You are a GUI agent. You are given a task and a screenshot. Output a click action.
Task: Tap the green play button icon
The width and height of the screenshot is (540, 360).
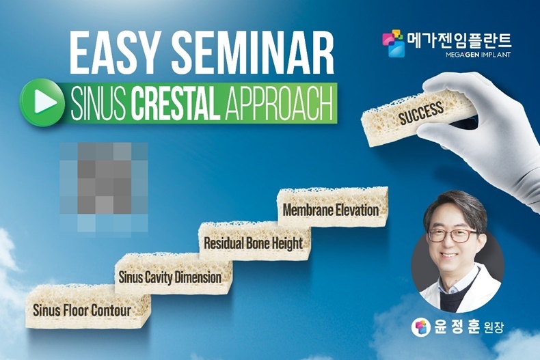pyautogui.click(x=42, y=102)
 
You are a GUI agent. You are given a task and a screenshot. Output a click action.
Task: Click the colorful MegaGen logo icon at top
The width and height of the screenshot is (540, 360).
pyautogui.click(x=393, y=43)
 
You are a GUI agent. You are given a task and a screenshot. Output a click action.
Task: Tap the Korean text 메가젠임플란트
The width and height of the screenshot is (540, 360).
pyautogui.click(x=459, y=40)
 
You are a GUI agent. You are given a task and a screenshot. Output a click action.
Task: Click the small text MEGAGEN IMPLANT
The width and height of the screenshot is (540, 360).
pyautogui.click(x=478, y=55)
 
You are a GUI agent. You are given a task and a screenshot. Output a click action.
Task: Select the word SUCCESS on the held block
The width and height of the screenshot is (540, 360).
pyautogui.click(x=421, y=112)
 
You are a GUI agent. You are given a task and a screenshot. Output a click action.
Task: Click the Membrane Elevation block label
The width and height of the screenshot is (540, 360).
pyautogui.click(x=331, y=210)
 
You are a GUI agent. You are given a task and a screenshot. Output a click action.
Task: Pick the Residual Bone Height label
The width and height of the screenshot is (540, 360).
pyautogui.click(x=253, y=243)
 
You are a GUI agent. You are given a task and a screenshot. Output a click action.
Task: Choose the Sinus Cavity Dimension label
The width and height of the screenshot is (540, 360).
pyautogui.click(x=170, y=277)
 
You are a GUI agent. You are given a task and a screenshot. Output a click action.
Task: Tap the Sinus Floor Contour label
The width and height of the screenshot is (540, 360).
pyautogui.click(x=82, y=310)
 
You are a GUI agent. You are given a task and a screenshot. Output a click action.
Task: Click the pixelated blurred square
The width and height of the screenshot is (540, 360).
pyautogui.click(x=104, y=188)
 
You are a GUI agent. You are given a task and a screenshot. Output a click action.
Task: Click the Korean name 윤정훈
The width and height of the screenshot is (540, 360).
pyautogui.click(x=457, y=327)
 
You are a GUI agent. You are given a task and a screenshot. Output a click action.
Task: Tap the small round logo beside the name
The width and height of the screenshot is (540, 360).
pyautogui.click(x=421, y=327)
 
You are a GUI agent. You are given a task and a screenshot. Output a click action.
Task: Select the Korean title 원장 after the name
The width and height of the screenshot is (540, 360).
pyautogui.click(x=494, y=327)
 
